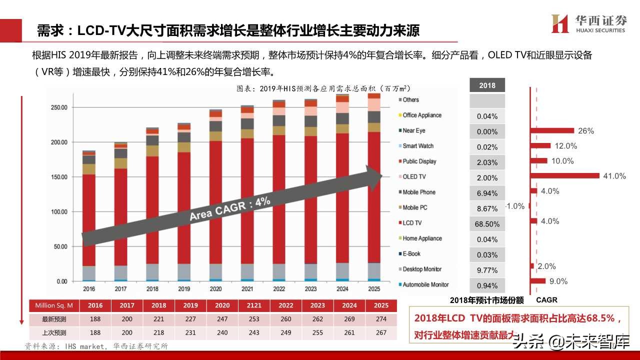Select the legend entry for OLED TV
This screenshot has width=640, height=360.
tap(414, 176)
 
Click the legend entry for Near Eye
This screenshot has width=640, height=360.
tap(414, 130)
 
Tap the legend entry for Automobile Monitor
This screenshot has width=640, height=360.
tap(425, 284)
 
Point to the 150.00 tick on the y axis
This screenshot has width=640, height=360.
tap(59, 177)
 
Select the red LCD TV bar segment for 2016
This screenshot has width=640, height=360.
tap(89, 220)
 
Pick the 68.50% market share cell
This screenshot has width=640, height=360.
tap(487, 224)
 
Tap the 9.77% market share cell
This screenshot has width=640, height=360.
tap(487, 270)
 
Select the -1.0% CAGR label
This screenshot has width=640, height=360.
tap(515, 206)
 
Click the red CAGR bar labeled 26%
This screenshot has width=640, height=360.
tap(552, 130)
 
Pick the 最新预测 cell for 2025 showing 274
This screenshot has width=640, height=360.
tap(380, 318)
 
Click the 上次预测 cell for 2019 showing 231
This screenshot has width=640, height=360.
tap(190, 332)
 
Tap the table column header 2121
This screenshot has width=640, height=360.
tap(253, 305)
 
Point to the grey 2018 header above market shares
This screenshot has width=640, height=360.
tap(487, 85)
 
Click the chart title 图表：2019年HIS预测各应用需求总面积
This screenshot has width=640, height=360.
tap(322, 88)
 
